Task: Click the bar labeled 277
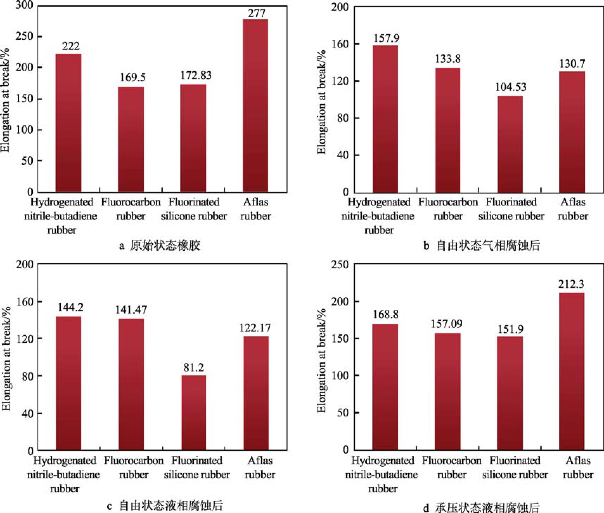coord(255,105)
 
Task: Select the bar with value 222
coord(69,123)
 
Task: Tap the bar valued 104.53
coord(510,144)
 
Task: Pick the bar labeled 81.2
coord(194,413)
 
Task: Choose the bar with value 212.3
coord(571,371)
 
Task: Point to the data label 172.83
coord(196,75)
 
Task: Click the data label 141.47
coord(131,310)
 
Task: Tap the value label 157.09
coord(446,324)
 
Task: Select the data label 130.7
coord(572,64)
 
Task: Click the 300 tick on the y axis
coord(24,6)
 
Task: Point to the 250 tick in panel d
coord(340,264)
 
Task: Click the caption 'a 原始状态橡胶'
coord(160,245)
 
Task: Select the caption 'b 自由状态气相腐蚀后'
coord(482,245)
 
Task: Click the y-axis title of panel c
coord(6,358)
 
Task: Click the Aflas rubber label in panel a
coord(256,209)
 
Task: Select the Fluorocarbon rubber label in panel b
coord(448,209)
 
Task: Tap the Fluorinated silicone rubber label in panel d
coord(515,467)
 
